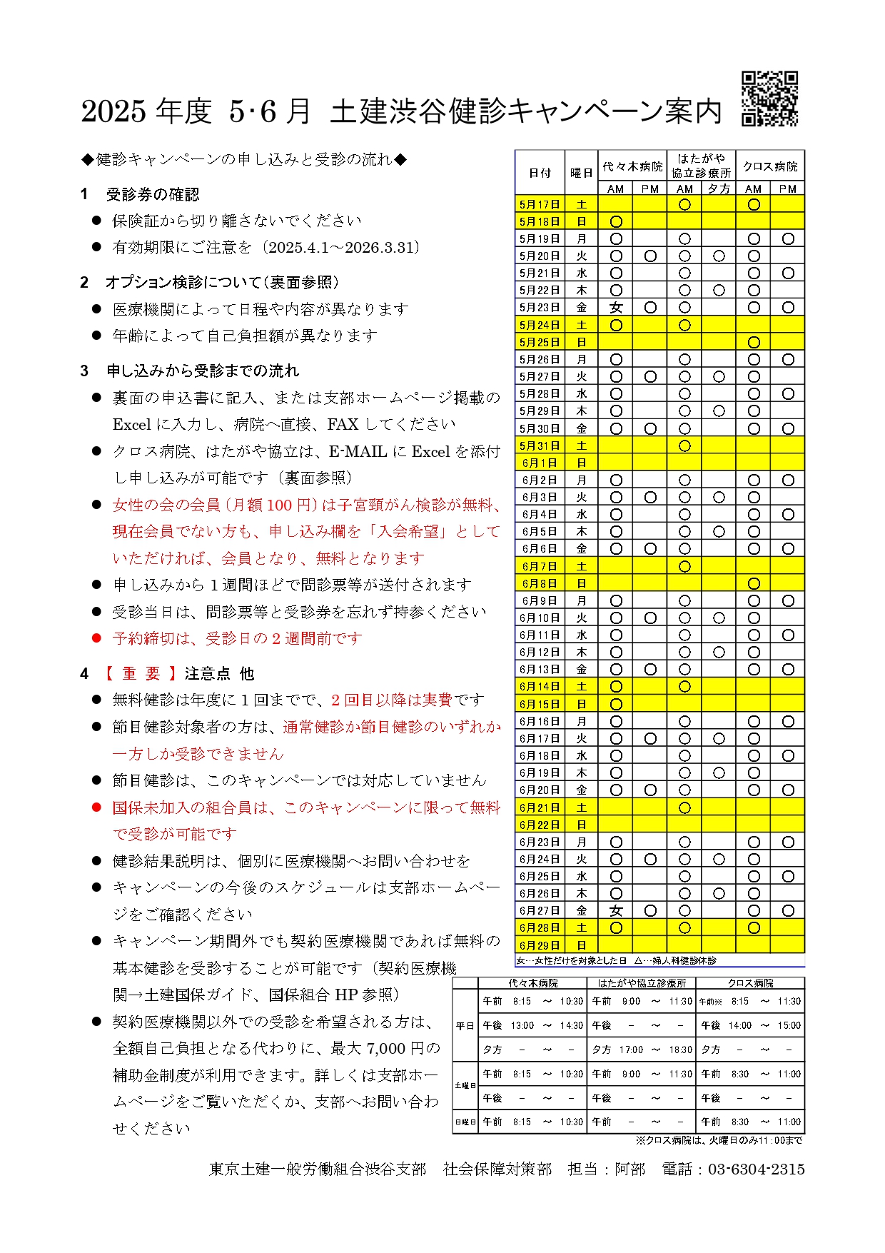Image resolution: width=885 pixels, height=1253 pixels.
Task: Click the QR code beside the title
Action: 769,99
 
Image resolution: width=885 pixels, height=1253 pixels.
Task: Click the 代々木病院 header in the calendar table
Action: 632,166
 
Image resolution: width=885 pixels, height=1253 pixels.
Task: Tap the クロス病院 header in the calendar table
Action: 770,166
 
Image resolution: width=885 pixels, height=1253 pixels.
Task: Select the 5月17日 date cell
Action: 540,205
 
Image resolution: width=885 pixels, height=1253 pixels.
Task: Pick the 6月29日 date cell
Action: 540,945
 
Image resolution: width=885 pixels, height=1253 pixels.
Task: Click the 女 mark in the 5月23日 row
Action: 616,308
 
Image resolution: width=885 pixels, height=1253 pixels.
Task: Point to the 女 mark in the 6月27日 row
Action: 616,911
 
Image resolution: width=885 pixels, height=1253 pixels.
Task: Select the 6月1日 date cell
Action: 540,463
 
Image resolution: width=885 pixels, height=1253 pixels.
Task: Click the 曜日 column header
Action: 582,173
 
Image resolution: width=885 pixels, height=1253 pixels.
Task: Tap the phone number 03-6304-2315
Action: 756,1169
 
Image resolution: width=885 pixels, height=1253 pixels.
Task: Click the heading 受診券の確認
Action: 153,194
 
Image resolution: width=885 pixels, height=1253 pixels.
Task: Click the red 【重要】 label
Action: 141,673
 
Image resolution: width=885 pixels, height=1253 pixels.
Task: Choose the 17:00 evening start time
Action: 631,1050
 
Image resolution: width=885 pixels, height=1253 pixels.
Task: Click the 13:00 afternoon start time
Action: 522,1025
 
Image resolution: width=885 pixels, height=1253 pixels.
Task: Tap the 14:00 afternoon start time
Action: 740,1025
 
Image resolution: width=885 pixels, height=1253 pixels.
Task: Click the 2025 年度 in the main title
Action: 146,111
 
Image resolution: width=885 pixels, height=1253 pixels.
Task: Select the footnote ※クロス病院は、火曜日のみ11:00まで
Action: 719,1140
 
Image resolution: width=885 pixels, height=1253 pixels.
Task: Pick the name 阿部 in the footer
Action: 629,1169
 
